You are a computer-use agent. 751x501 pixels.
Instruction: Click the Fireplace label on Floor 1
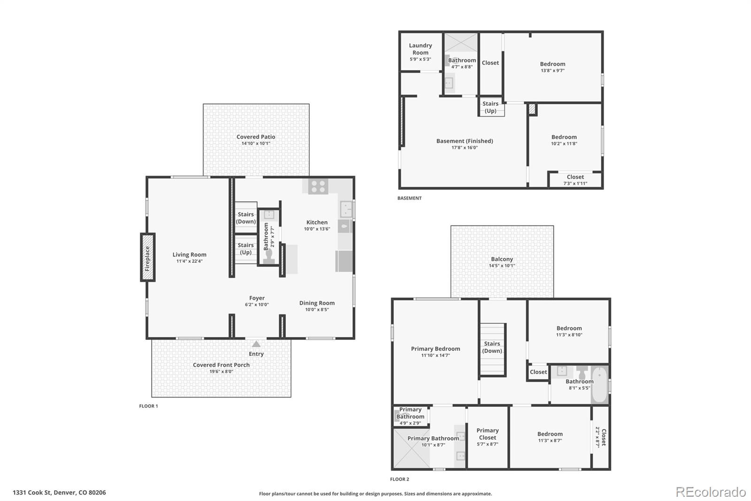(x=147, y=258)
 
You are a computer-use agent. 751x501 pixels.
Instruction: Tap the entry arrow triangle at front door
(x=256, y=344)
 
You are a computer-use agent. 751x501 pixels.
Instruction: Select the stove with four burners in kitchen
(x=318, y=187)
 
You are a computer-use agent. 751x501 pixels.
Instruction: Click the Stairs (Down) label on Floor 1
(x=246, y=218)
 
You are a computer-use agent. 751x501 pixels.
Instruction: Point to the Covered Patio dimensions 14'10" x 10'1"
(x=256, y=143)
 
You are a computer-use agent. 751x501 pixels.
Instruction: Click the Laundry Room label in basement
(x=420, y=49)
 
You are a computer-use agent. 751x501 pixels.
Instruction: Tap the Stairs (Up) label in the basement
(x=490, y=107)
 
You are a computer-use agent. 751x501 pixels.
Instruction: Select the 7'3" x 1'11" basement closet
(x=575, y=180)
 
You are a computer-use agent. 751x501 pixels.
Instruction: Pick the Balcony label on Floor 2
(x=502, y=259)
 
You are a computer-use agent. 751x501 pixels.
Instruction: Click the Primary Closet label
(x=487, y=434)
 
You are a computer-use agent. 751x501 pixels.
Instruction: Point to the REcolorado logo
(x=711, y=492)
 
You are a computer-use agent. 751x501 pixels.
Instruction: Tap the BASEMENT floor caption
(x=409, y=198)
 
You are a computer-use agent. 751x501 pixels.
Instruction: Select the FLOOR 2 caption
(x=399, y=479)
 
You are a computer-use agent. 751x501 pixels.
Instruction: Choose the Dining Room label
(x=317, y=303)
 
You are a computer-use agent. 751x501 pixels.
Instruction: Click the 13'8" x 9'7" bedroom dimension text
(x=552, y=70)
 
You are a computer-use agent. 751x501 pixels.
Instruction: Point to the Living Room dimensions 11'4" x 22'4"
(x=189, y=261)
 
